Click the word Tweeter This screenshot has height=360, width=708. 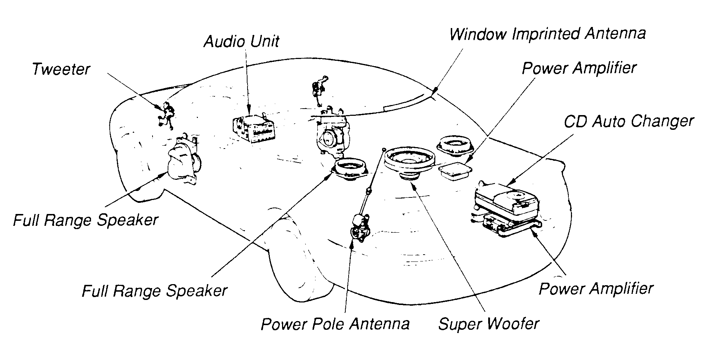point(61,69)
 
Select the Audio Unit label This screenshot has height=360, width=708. point(241,41)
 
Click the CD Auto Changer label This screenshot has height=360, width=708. point(628,122)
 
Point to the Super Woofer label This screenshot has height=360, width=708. point(489,324)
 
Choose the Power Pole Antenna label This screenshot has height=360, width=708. point(335,324)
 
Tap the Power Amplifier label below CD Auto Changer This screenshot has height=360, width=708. point(596,289)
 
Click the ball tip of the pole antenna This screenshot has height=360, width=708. point(384,149)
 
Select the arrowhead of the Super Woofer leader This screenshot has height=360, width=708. point(414,186)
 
